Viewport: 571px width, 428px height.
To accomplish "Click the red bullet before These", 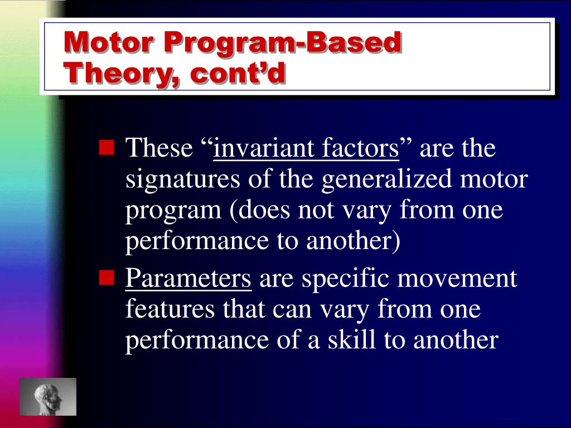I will coord(107,148).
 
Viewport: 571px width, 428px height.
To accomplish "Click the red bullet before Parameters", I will coord(107,277).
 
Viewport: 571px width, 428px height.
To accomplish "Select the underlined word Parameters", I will coord(188,278).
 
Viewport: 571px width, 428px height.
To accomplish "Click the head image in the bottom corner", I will coord(48,396).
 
